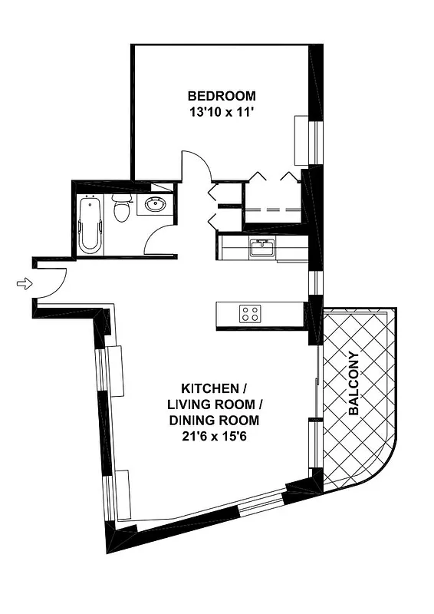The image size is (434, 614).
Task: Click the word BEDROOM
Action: pyautogui.click(x=222, y=96)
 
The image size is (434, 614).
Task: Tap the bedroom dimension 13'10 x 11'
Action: pyautogui.click(x=222, y=112)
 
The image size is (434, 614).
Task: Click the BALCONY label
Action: pyautogui.click(x=353, y=384)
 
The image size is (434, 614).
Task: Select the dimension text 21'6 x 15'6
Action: pyautogui.click(x=217, y=436)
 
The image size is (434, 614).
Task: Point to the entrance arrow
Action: pyautogui.click(x=25, y=285)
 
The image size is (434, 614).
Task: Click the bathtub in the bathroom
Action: pyautogui.click(x=90, y=223)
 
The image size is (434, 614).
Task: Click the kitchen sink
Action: pyautogui.click(x=262, y=248)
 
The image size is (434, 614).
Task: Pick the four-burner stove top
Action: pyautogui.click(x=250, y=313)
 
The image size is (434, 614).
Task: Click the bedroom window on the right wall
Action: pyautogui.click(x=314, y=140)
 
